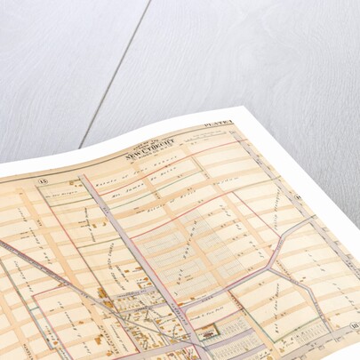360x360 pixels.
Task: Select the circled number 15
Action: [x=41, y=183]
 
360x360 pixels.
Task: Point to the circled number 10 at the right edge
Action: [x=354, y=326]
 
